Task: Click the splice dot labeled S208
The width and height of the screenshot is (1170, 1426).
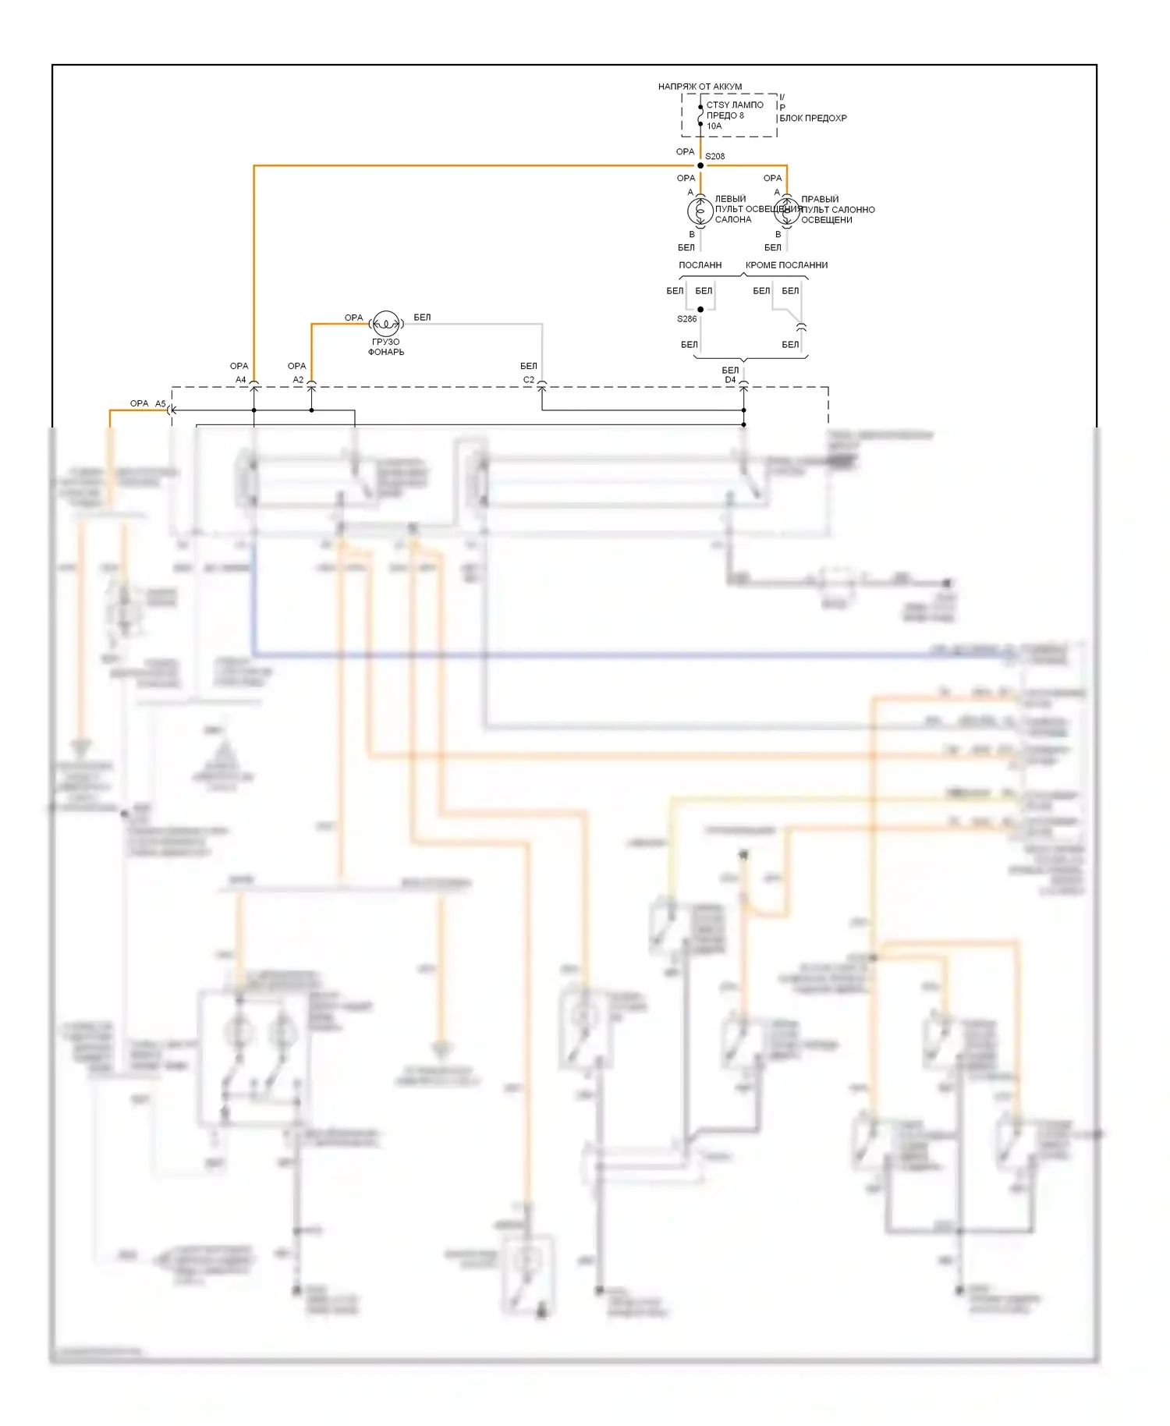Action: pyautogui.click(x=700, y=165)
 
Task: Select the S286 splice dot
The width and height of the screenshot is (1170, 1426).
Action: pyautogui.click(x=700, y=310)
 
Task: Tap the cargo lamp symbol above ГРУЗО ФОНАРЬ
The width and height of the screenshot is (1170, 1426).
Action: pyautogui.click(x=386, y=324)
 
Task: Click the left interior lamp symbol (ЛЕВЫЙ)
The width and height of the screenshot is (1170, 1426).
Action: pyautogui.click(x=700, y=211)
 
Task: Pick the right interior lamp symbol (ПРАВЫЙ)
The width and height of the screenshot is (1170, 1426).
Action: pyautogui.click(x=786, y=211)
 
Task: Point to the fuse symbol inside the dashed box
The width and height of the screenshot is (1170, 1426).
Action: pyautogui.click(x=700, y=115)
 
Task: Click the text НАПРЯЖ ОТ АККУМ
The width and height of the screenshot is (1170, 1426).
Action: pyautogui.click(x=700, y=87)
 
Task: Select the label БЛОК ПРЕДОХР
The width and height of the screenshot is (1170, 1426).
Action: pyautogui.click(x=813, y=119)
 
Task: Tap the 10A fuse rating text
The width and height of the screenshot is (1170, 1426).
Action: pyautogui.click(x=714, y=126)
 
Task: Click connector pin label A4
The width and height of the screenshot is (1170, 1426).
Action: pyautogui.click(x=241, y=380)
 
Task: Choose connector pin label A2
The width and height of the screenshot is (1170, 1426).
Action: pyautogui.click(x=298, y=380)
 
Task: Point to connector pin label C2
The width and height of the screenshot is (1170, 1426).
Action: pyautogui.click(x=529, y=380)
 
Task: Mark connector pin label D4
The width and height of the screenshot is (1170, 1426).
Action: pyautogui.click(x=730, y=380)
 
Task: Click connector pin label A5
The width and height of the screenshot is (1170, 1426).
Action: pyautogui.click(x=161, y=404)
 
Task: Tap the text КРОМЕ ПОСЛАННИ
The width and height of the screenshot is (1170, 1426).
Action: pyautogui.click(x=786, y=265)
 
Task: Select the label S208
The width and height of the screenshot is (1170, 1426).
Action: pyautogui.click(x=715, y=157)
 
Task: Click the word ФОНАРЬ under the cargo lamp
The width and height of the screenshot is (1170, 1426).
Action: pyautogui.click(x=386, y=353)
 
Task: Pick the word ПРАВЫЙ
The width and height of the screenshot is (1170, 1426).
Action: pyautogui.click(x=820, y=200)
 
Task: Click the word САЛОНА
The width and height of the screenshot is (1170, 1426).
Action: pyautogui.click(x=733, y=220)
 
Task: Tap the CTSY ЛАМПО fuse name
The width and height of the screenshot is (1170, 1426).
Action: pyautogui.click(x=735, y=105)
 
